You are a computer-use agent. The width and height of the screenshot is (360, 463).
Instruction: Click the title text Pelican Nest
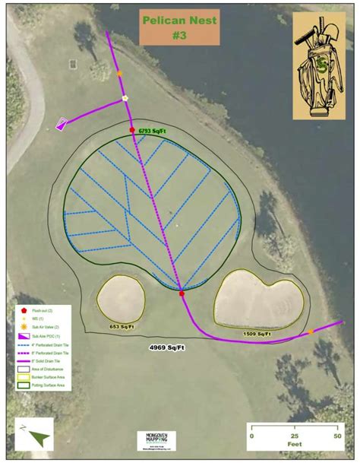179,21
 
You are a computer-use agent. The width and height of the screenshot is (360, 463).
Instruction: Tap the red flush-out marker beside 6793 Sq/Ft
132,131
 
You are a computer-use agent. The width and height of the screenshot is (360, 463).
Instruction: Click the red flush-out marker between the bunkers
182,293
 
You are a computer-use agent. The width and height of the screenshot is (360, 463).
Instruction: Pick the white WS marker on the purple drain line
125,98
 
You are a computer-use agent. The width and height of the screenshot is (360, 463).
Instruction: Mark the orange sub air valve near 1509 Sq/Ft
310,331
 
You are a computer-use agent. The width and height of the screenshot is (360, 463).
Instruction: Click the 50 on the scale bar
336,436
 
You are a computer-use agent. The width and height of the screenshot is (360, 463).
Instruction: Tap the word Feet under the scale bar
294,447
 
